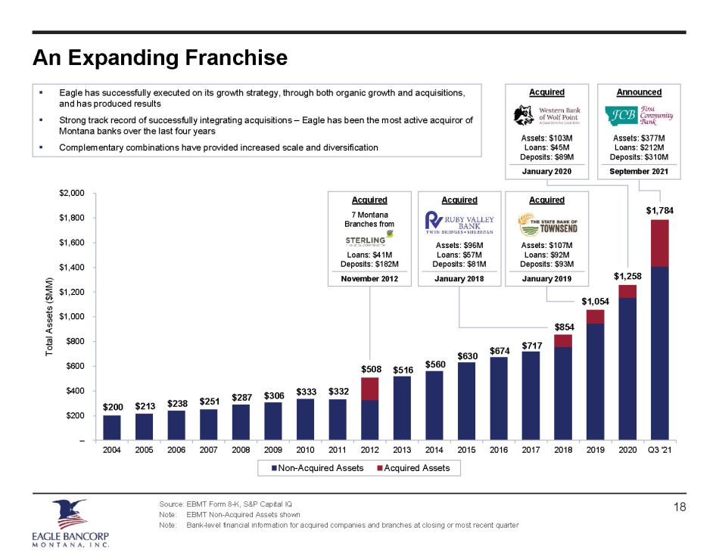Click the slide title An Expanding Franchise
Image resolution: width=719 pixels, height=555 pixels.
coord(160,58)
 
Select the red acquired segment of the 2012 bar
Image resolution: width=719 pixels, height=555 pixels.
coord(369,389)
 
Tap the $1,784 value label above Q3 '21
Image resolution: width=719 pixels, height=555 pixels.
coord(658,209)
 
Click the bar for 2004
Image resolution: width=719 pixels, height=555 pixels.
coord(111,427)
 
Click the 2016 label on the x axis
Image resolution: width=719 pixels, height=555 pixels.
coord(499,452)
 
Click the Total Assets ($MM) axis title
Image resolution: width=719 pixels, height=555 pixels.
coord(50,317)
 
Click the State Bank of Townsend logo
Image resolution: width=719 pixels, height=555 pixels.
coord(546,224)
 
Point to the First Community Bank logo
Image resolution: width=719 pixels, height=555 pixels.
coord(639,116)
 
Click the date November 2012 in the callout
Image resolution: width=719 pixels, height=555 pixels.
coord(369,279)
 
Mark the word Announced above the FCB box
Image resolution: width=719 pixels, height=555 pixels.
coord(639,92)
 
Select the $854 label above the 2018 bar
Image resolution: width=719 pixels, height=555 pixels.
coord(563,327)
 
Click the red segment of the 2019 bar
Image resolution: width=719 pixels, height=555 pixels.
coord(595,317)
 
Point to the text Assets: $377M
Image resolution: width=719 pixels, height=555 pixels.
coord(639,138)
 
